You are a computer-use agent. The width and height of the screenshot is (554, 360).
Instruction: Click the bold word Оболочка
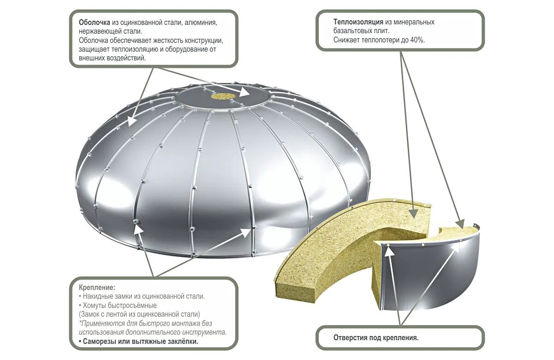point(94,22)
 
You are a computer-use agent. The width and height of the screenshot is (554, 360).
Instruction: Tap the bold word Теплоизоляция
point(357,22)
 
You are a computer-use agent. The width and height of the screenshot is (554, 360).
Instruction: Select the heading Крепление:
point(97,287)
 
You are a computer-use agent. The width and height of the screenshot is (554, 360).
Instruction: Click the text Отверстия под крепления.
point(376,338)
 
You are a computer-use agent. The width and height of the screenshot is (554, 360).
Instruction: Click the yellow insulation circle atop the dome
point(224,96)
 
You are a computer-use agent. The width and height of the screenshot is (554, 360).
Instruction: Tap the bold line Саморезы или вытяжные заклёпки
point(138,342)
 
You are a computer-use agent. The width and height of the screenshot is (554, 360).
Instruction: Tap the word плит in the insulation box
point(382,31)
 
